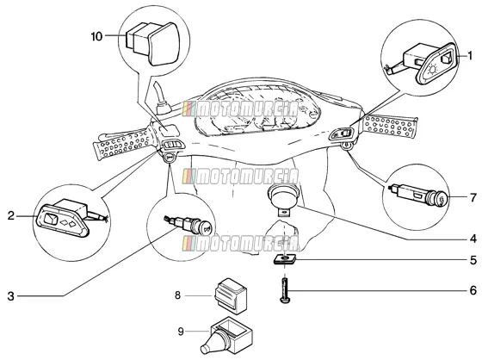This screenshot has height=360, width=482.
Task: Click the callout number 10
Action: pyautogui.click(x=96, y=37)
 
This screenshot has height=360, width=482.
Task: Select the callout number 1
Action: pyautogui.click(x=470, y=56)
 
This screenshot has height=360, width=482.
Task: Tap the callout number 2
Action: pyautogui.click(x=11, y=216)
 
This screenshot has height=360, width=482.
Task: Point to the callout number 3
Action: pyautogui.click(x=11, y=296)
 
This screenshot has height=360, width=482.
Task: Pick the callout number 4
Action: pyautogui.click(x=473, y=239)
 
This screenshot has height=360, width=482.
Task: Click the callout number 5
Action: pyautogui.click(x=473, y=260)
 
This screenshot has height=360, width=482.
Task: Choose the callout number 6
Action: pyautogui.click(x=473, y=290)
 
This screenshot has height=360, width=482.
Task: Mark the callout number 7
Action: pyautogui.click(x=473, y=197)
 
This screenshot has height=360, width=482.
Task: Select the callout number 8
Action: pyautogui.click(x=177, y=295)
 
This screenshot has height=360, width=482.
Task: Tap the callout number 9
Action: pyautogui.click(x=181, y=332)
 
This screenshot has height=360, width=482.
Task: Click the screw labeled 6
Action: pyautogui.click(x=285, y=290)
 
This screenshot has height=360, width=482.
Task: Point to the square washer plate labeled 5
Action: pyautogui.click(x=285, y=259)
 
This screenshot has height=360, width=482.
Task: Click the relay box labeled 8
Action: pyautogui.click(x=230, y=295)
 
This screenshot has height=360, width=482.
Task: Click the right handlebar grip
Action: pyautogui.click(x=390, y=125)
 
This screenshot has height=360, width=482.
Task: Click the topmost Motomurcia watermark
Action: pyautogui.click(x=240, y=109)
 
